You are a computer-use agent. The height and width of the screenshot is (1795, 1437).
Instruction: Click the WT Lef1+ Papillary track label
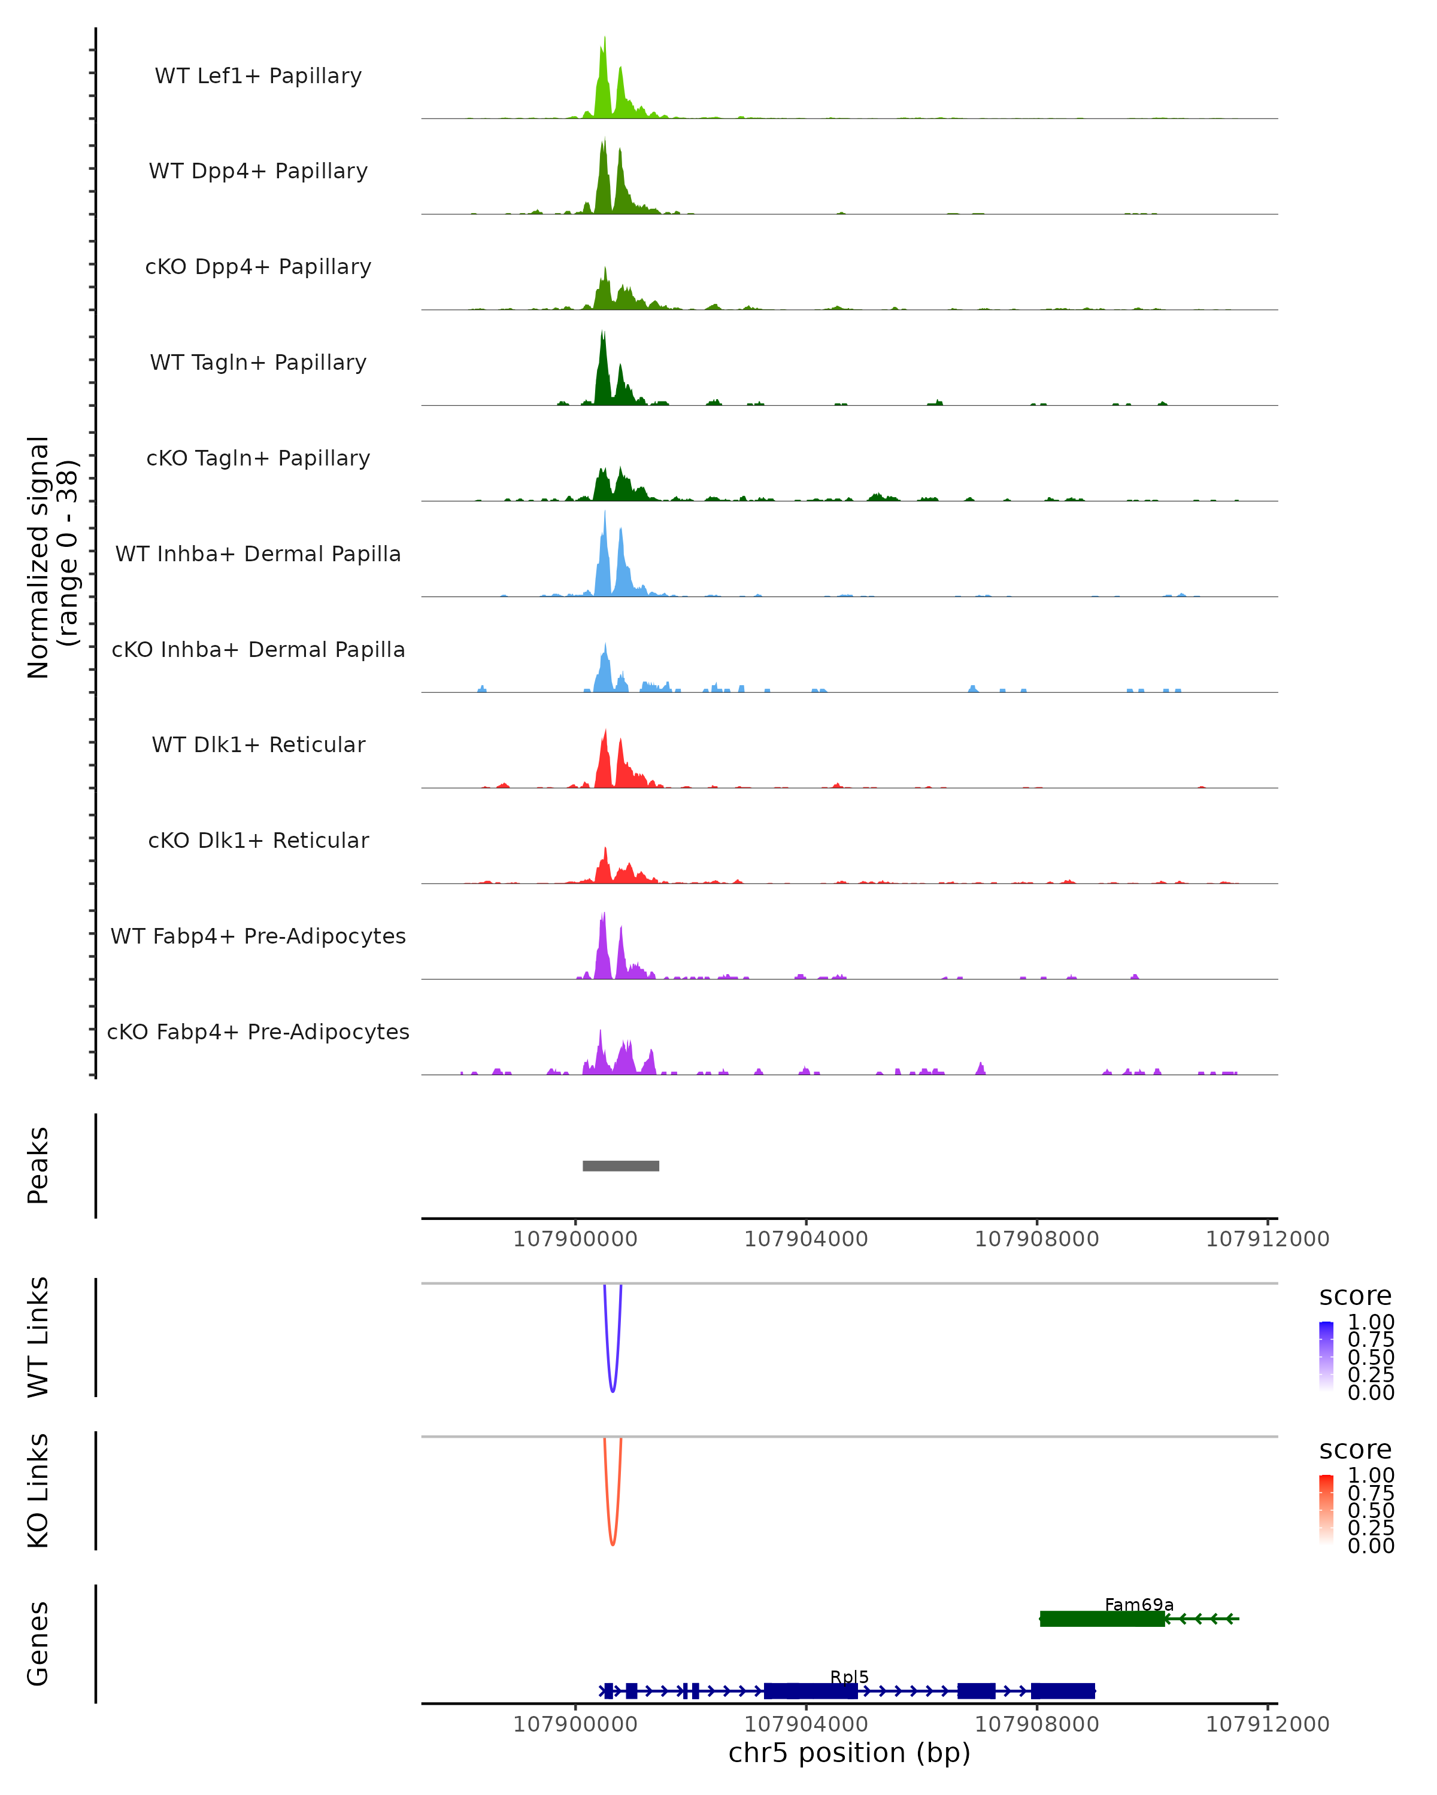258,76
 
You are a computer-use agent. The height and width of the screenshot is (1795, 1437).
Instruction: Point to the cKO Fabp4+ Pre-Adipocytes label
258,1032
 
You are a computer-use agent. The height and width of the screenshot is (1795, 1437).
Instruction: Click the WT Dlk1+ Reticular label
258,744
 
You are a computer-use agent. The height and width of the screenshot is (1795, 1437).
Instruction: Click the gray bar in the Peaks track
621,1166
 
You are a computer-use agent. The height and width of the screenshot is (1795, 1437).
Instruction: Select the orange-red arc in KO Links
613,1542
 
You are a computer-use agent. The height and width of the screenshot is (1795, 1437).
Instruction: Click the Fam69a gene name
1139,1604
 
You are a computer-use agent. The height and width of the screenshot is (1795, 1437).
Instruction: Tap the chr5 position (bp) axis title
849,1753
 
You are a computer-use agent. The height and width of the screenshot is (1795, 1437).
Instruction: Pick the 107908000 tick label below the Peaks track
1036,1239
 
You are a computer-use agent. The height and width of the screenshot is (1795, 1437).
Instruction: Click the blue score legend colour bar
1326,1355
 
